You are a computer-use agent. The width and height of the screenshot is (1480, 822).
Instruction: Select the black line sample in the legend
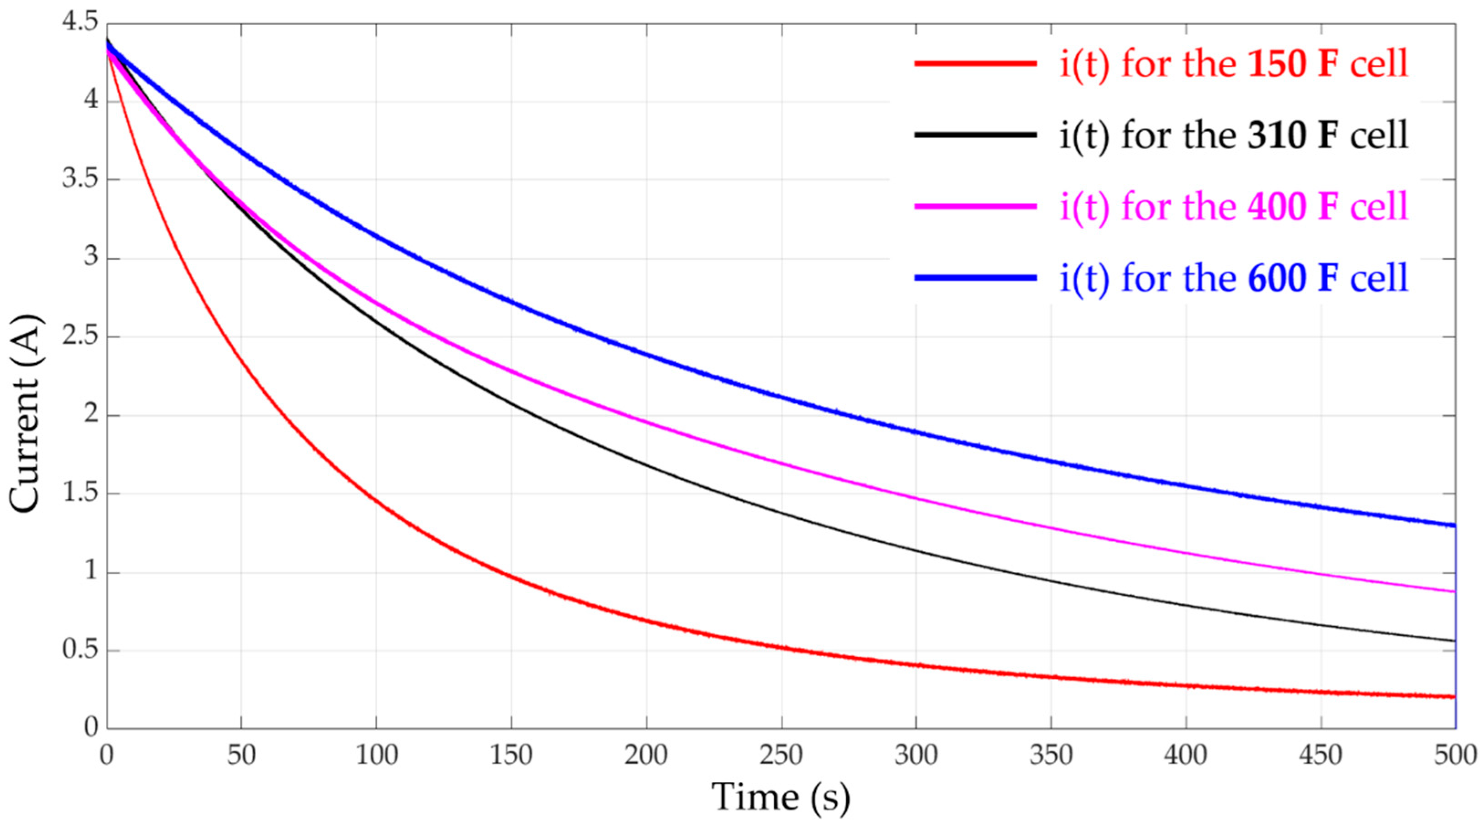coord(975,135)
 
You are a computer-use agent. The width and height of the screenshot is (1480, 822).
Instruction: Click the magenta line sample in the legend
coord(975,206)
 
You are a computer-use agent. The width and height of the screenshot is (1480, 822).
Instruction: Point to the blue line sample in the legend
coord(975,277)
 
